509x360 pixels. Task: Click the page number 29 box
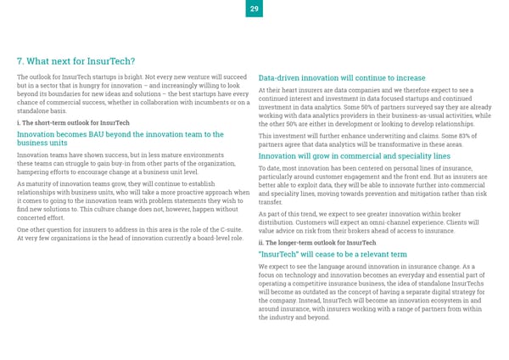coord(254,8)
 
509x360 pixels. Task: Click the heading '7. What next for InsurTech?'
coord(76,61)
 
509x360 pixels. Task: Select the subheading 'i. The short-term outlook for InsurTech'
coord(73,122)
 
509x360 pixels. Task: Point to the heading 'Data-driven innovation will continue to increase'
coord(341,78)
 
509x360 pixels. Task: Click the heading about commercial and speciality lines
coord(354,156)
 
